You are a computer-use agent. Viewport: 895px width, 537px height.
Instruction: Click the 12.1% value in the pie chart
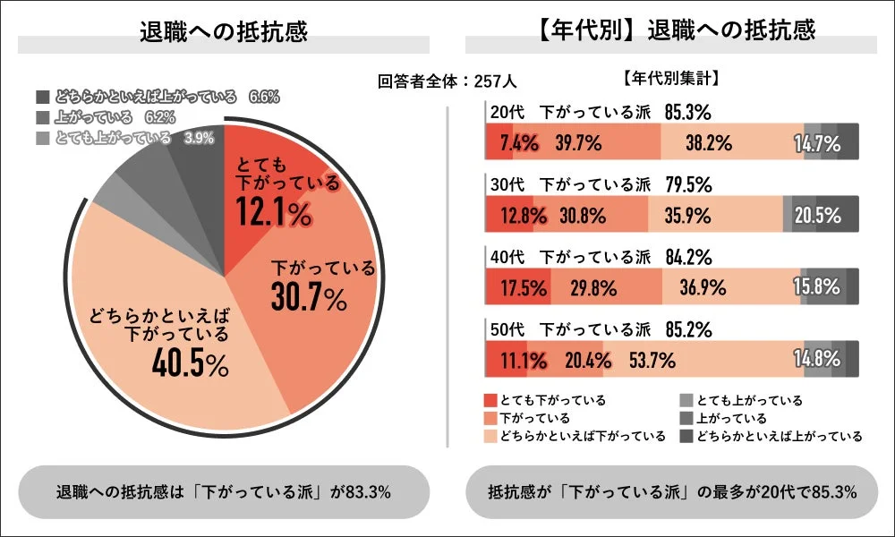(274, 212)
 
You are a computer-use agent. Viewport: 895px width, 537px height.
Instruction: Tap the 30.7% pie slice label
(308, 300)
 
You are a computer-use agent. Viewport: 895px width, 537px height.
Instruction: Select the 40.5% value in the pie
(189, 364)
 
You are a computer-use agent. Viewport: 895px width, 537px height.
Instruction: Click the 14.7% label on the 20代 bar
(816, 142)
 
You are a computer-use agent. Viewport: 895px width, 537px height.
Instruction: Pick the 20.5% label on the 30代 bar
(816, 216)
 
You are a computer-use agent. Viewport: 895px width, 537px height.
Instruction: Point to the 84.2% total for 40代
(688, 259)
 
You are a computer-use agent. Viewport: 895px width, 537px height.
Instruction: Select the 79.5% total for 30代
(688, 185)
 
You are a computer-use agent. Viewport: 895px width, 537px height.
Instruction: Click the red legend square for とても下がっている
(490, 400)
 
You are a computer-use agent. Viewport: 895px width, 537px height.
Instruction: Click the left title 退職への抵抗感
(224, 31)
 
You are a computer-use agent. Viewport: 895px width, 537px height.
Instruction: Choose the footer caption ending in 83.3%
(224, 491)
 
